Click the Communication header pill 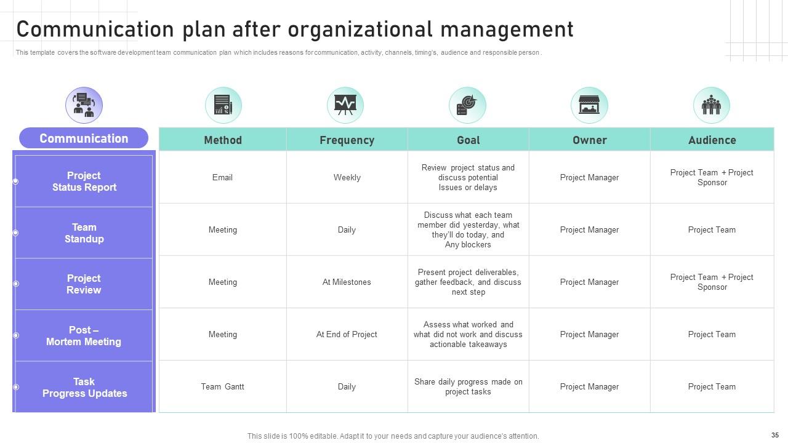(x=84, y=138)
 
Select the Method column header (x=223, y=140)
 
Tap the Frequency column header (x=347, y=140)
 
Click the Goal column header (x=468, y=140)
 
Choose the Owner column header (x=589, y=140)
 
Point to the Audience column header (x=712, y=140)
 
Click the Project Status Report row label (x=84, y=182)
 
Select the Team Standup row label (x=84, y=233)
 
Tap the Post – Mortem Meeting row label (x=84, y=336)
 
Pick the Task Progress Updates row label (x=84, y=388)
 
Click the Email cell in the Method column (x=222, y=178)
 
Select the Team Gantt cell (x=222, y=387)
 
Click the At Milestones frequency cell (x=347, y=282)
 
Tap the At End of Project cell (x=347, y=335)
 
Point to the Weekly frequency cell (x=347, y=178)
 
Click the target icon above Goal (x=467, y=105)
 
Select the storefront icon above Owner (x=589, y=105)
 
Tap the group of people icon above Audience (x=711, y=105)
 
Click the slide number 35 (x=774, y=435)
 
